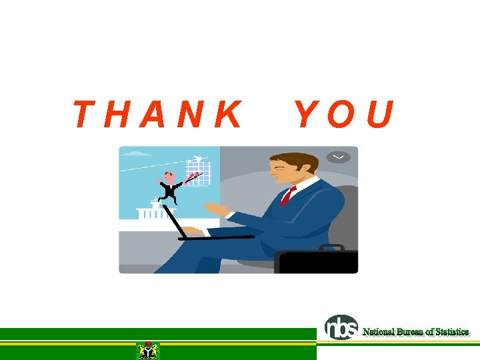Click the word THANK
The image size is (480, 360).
[157, 115]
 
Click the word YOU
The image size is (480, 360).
[345, 115]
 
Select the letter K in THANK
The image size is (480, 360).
[229, 115]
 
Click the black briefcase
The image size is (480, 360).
[317, 262]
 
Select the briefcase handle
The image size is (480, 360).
[331, 247]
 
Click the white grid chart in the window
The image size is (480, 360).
[198, 172]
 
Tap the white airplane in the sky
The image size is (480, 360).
[197, 158]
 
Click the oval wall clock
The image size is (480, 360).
[338, 157]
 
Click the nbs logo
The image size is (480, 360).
[341, 327]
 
